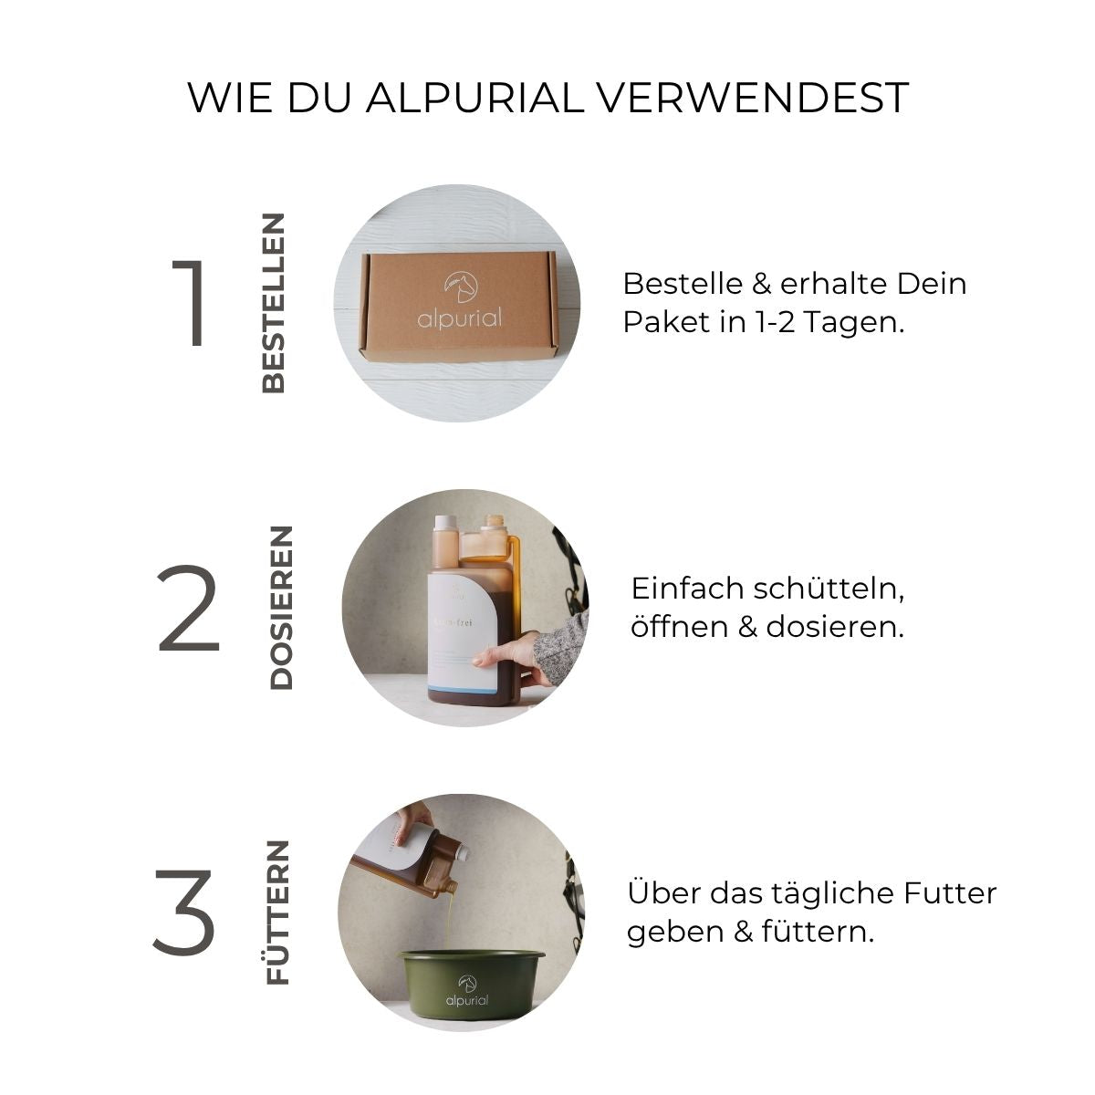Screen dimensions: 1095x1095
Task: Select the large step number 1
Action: click(191, 304)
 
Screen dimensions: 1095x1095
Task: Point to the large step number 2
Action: click(189, 609)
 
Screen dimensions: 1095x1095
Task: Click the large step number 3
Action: click(184, 912)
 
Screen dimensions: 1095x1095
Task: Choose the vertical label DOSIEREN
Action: click(282, 608)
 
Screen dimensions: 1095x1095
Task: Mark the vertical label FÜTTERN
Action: click(277, 912)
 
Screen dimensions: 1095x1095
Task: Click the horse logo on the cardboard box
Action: click(460, 287)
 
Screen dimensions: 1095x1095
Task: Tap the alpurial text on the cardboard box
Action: click(460, 318)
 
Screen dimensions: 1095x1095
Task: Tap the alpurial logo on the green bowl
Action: click(467, 992)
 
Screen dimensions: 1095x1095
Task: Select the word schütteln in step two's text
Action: click(829, 589)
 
